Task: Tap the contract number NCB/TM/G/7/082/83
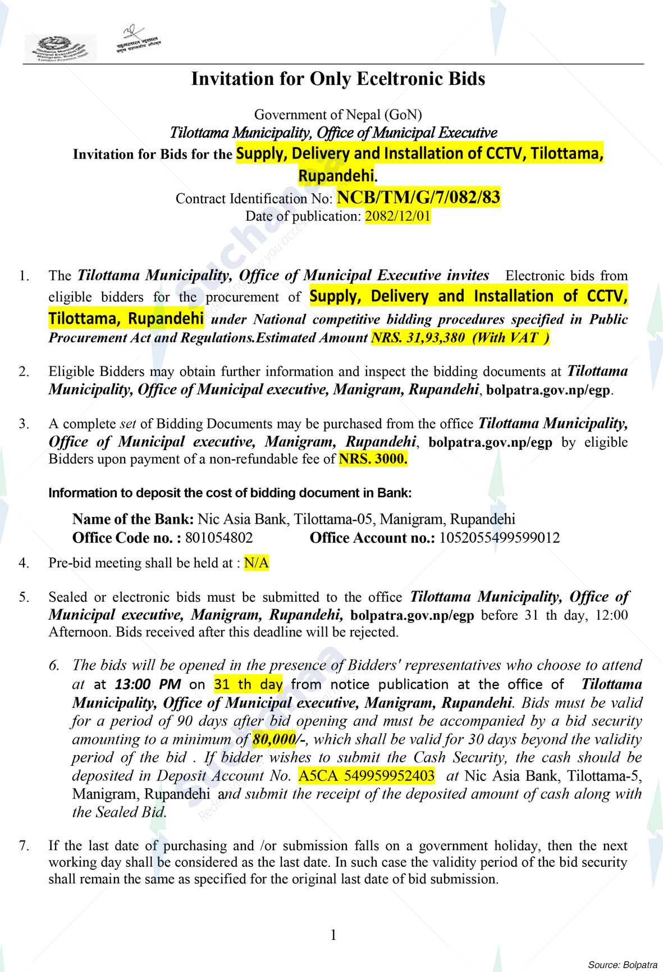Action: tap(418, 198)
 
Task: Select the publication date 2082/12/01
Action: tap(397, 216)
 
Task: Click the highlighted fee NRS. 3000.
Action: tap(373, 459)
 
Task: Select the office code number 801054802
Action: tap(218, 538)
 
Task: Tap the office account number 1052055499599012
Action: tap(499, 538)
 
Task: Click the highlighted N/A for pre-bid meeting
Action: tap(256, 563)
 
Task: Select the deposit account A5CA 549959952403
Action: tap(367, 776)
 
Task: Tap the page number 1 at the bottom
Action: tap(333, 935)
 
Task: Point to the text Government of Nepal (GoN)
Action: tap(338, 115)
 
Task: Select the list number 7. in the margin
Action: tap(23, 845)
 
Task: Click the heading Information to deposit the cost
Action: tap(230, 493)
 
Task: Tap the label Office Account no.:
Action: tap(372, 538)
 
